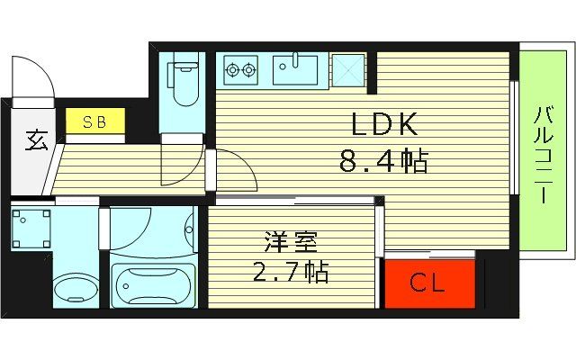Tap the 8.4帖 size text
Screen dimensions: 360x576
point(382,162)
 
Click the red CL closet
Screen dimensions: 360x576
point(427,283)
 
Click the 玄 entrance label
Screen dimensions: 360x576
point(34,142)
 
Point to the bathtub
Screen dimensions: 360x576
point(152,286)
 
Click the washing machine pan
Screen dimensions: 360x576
point(30,226)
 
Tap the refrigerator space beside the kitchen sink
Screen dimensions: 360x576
point(346,68)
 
